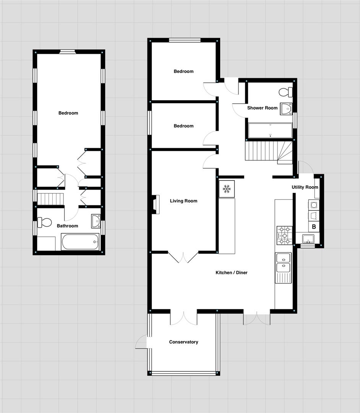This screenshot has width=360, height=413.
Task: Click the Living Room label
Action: pyautogui.click(x=183, y=201)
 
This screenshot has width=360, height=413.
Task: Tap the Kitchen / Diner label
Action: pyautogui.click(x=232, y=273)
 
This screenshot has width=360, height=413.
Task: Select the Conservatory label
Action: pyautogui.click(x=183, y=342)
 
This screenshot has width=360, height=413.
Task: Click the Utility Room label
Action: pyautogui.click(x=305, y=187)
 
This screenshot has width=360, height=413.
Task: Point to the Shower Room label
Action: pyautogui.click(x=262, y=108)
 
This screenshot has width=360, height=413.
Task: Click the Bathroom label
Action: pyautogui.click(x=67, y=226)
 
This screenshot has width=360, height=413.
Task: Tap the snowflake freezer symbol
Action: pyautogui.click(x=226, y=189)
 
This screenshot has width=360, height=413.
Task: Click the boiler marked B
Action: pyautogui.click(x=314, y=226)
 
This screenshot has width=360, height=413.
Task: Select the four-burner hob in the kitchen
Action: pyautogui.click(x=284, y=235)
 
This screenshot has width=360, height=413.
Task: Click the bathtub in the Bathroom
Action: pyautogui.click(x=80, y=242)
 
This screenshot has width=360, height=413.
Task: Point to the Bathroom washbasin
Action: pyautogui.click(x=96, y=221)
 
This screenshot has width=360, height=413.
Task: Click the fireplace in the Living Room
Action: pyautogui.click(x=154, y=203)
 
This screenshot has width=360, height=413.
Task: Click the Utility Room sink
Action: pyautogui.click(x=308, y=239)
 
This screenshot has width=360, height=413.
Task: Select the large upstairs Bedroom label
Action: pyautogui.click(x=68, y=113)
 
